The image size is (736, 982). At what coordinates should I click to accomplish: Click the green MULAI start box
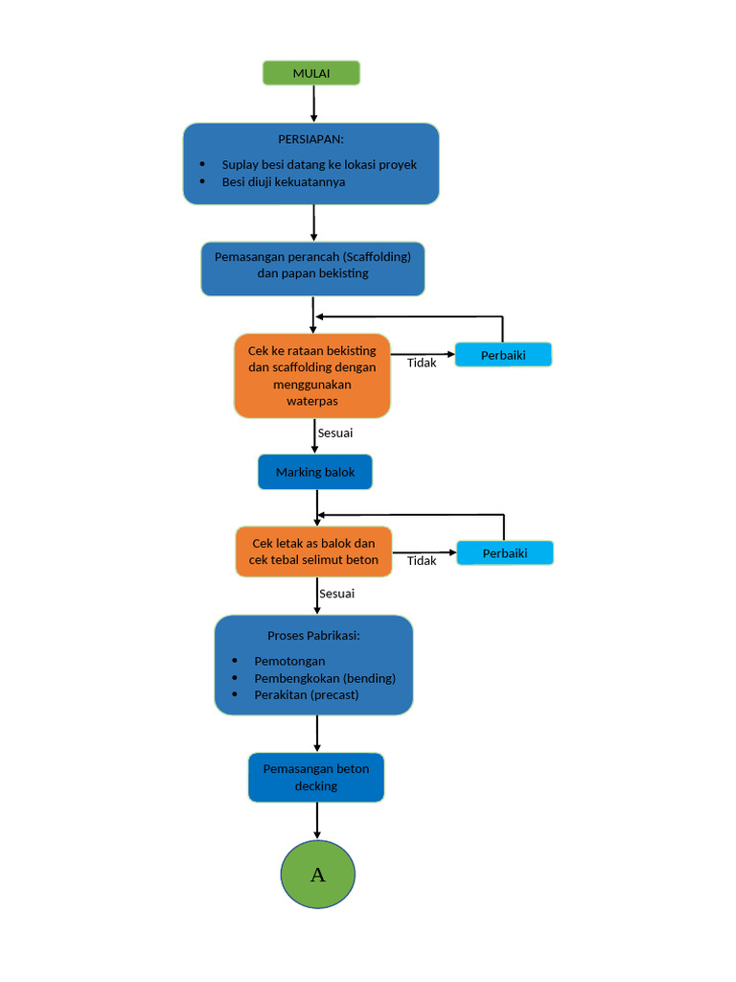(x=311, y=73)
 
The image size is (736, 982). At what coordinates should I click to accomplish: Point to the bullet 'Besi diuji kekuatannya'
(x=283, y=181)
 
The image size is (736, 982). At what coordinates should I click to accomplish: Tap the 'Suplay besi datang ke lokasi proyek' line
(x=318, y=164)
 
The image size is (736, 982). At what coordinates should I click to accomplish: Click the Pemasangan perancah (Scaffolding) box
(x=312, y=269)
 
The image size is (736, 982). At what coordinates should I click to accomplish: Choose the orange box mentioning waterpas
(x=312, y=376)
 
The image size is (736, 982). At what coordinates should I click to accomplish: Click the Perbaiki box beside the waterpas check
(x=503, y=355)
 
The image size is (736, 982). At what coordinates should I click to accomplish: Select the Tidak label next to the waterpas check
(x=422, y=363)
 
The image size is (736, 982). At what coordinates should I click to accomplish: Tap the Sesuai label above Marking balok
(x=335, y=433)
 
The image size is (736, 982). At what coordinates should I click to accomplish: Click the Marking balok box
(x=314, y=472)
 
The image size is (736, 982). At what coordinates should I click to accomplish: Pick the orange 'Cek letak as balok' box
(x=313, y=551)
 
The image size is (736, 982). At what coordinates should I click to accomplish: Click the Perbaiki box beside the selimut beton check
(x=505, y=553)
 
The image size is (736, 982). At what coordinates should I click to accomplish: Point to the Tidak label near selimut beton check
(x=422, y=561)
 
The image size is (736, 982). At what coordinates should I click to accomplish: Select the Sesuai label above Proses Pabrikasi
(x=336, y=594)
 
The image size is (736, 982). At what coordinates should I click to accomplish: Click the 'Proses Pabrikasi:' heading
(x=313, y=636)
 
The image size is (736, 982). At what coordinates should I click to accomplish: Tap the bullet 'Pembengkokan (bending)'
(x=324, y=678)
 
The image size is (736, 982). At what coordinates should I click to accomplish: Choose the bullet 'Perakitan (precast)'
(x=306, y=694)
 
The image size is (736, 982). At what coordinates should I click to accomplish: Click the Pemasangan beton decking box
(x=316, y=777)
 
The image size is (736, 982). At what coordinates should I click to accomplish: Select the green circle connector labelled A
(x=317, y=875)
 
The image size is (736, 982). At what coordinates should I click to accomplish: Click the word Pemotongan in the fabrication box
(x=289, y=661)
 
